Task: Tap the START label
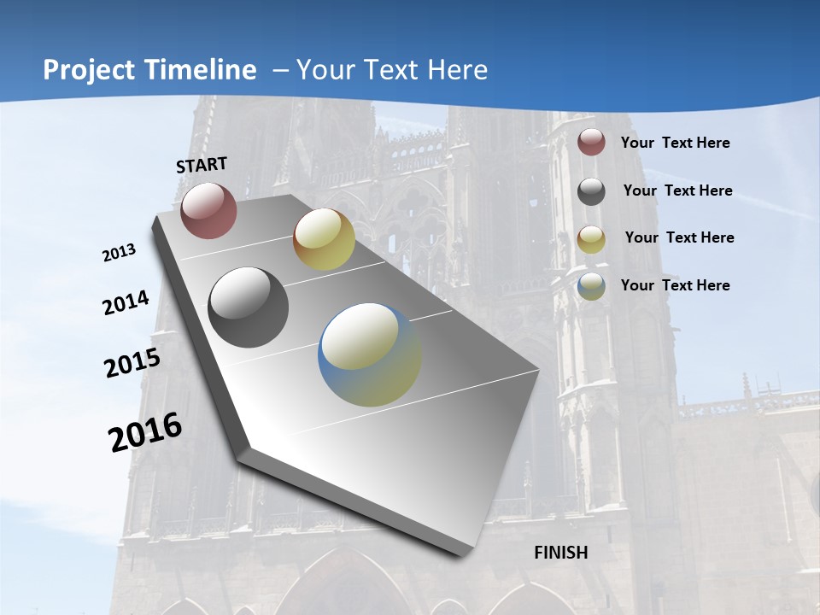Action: (x=202, y=165)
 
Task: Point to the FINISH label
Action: (x=561, y=553)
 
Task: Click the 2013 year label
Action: (x=119, y=253)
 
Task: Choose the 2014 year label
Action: (x=126, y=302)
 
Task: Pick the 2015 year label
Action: (x=132, y=363)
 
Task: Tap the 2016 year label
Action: (x=145, y=431)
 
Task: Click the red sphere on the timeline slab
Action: (x=208, y=210)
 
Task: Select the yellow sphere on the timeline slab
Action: (x=324, y=239)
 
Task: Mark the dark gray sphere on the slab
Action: (x=249, y=307)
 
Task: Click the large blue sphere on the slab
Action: (x=370, y=354)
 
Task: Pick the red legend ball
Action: (x=591, y=142)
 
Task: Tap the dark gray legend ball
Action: (x=591, y=191)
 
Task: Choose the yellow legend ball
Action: (x=591, y=239)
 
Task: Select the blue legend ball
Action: (x=591, y=286)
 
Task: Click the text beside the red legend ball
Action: (x=675, y=143)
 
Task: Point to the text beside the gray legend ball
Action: (x=677, y=190)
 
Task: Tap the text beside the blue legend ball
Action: (x=675, y=285)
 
